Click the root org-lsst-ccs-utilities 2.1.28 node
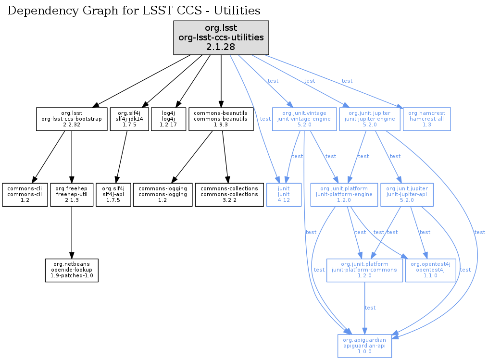click(x=221, y=37)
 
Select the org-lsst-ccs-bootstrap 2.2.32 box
click(x=72, y=119)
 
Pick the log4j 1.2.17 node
click(x=168, y=119)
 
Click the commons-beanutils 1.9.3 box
click(x=221, y=119)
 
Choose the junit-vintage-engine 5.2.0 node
click(x=304, y=119)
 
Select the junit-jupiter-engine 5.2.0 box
click(x=370, y=119)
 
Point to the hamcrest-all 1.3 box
click(x=426, y=119)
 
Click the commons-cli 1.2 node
click(x=25, y=195)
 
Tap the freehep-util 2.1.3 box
click(x=71, y=195)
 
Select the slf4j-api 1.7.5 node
click(x=113, y=195)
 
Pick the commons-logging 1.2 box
click(x=163, y=195)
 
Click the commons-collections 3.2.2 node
click(x=229, y=195)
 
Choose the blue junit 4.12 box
click(x=284, y=195)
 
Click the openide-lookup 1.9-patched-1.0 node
click(x=72, y=271)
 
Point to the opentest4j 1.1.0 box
click(x=430, y=271)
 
